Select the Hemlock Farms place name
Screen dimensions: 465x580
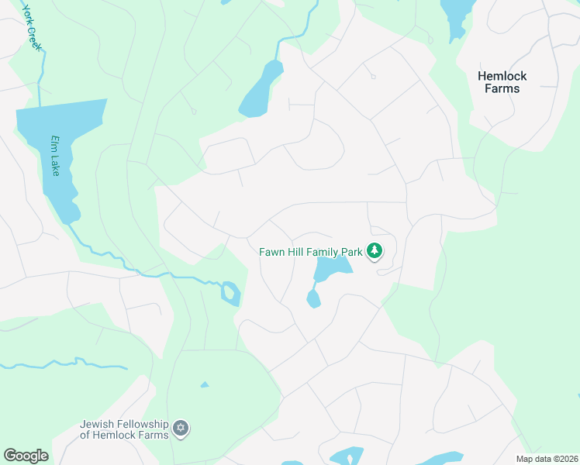tap(502, 82)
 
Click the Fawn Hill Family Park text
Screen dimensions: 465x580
tap(311, 251)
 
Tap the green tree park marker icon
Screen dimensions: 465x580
tap(375, 250)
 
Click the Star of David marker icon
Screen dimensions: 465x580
tap(181, 429)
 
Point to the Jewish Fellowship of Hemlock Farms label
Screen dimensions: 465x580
tap(124, 429)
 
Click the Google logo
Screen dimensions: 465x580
tap(26, 456)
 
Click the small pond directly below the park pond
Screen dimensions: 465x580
tap(313, 299)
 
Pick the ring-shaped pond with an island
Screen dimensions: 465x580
tap(230, 294)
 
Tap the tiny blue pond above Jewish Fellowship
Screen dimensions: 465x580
tap(205, 384)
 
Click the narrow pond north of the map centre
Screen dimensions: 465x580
tap(261, 90)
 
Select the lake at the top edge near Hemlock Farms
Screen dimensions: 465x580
tap(456, 14)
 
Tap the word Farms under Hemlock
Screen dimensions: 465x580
tap(502, 88)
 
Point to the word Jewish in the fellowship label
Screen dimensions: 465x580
tap(97, 423)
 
